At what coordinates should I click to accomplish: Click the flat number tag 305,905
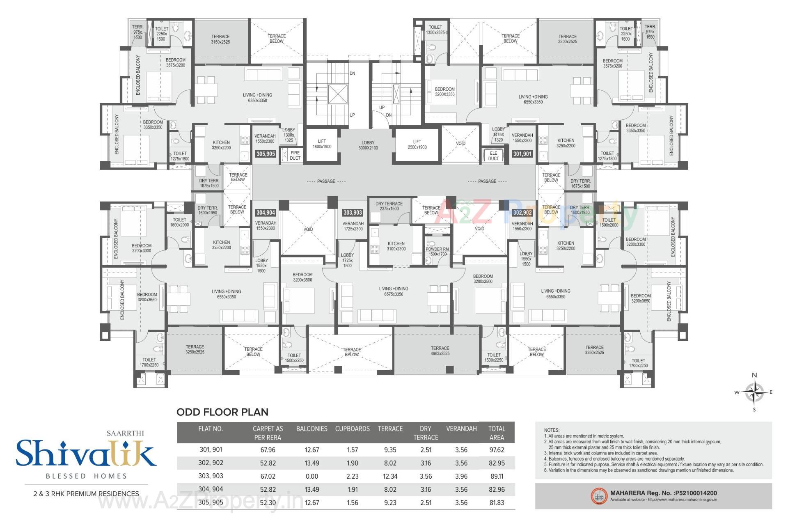coord(266,154)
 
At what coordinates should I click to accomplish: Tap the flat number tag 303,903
coord(353,213)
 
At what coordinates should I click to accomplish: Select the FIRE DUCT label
coord(295,155)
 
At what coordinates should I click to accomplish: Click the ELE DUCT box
coord(493,156)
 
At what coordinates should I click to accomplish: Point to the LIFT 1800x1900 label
coord(322,144)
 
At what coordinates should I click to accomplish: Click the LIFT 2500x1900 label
coord(417,144)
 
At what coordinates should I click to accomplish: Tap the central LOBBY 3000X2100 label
coord(368,145)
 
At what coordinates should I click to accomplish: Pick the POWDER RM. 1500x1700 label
coord(438,252)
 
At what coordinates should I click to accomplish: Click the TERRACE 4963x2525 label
coord(440,351)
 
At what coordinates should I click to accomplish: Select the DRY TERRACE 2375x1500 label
coord(389,206)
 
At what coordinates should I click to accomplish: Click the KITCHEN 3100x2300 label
coord(396,246)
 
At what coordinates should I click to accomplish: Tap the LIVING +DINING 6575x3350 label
coord(394,291)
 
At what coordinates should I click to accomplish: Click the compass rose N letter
coord(754,375)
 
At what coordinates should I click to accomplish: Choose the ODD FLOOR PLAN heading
coord(222,412)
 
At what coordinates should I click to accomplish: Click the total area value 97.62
coord(497,450)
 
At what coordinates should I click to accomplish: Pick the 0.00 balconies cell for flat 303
coord(312,476)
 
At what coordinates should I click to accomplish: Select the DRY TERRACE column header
coord(426,433)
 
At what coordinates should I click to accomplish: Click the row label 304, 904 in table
coord(211,489)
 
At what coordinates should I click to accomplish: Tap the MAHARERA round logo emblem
coord(599,496)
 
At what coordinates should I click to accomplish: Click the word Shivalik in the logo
coord(86,454)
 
